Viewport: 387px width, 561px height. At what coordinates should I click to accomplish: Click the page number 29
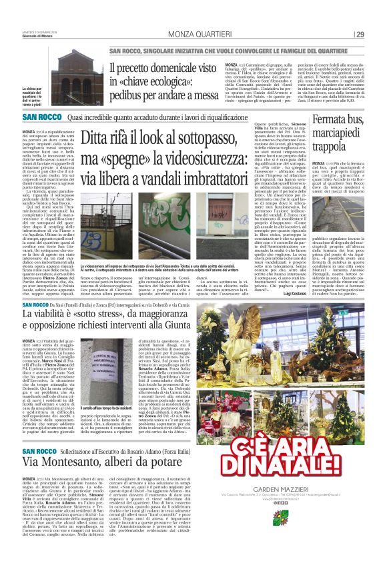click(x=360, y=35)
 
